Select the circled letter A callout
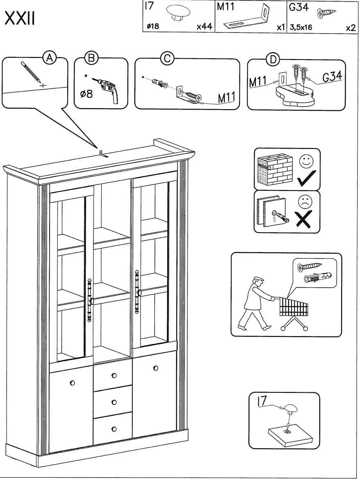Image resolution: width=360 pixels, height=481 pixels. pos(50,58)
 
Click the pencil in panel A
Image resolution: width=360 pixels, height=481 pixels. pos(31,74)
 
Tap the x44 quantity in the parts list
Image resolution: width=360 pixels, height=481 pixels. pos(203,27)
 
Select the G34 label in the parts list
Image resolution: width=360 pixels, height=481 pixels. pos(297,8)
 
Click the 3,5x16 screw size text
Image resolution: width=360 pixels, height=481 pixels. pos(300,27)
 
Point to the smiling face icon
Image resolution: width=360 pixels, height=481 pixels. pos(305,161)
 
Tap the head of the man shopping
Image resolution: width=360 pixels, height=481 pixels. pos(257,283)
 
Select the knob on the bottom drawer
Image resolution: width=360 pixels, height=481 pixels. pos(114,429)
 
